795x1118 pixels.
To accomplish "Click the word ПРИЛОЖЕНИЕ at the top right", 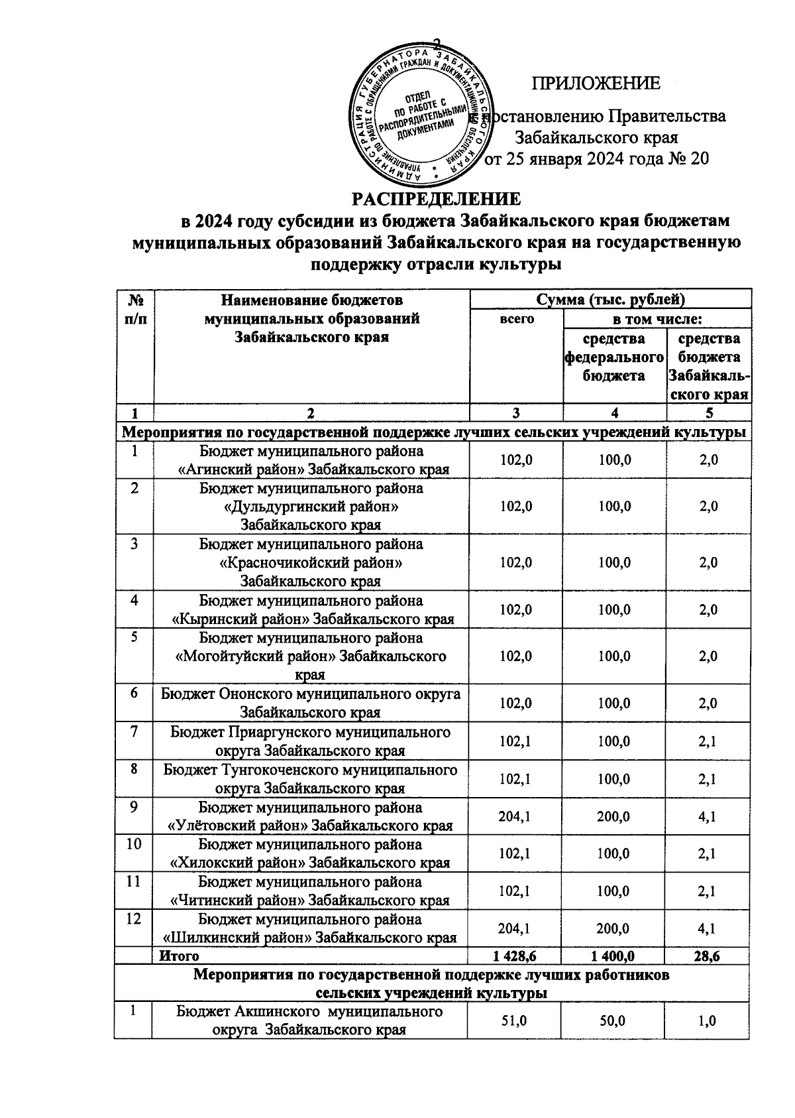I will pyautogui.click(x=596, y=84).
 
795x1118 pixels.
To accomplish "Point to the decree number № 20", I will pyautogui.click(x=686, y=160).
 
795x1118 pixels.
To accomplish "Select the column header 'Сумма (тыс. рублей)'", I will pyautogui.click(x=610, y=299).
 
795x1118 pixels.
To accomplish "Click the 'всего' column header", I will pyautogui.click(x=516, y=319).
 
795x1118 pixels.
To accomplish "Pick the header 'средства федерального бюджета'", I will pyautogui.click(x=613, y=357).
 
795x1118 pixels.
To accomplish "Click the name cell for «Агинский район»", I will pyautogui.click(x=311, y=460).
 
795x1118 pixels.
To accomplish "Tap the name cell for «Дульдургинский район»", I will pyautogui.click(x=311, y=507).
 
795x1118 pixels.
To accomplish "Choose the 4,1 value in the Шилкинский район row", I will pyautogui.click(x=708, y=929).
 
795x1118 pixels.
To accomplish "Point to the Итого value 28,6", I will pyautogui.click(x=708, y=956).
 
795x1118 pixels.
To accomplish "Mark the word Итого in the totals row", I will pyautogui.click(x=179, y=956).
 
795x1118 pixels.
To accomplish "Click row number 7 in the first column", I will pyautogui.click(x=134, y=732).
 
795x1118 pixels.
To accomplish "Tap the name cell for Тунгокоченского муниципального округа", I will pyautogui.click(x=311, y=779).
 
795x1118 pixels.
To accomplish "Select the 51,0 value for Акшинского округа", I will pyautogui.click(x=515, y=1022).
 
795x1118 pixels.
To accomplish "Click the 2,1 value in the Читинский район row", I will pyautogui.click(x=708, y=891).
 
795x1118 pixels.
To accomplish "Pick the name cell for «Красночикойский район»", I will pyautogui.click(x=311, y=563).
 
